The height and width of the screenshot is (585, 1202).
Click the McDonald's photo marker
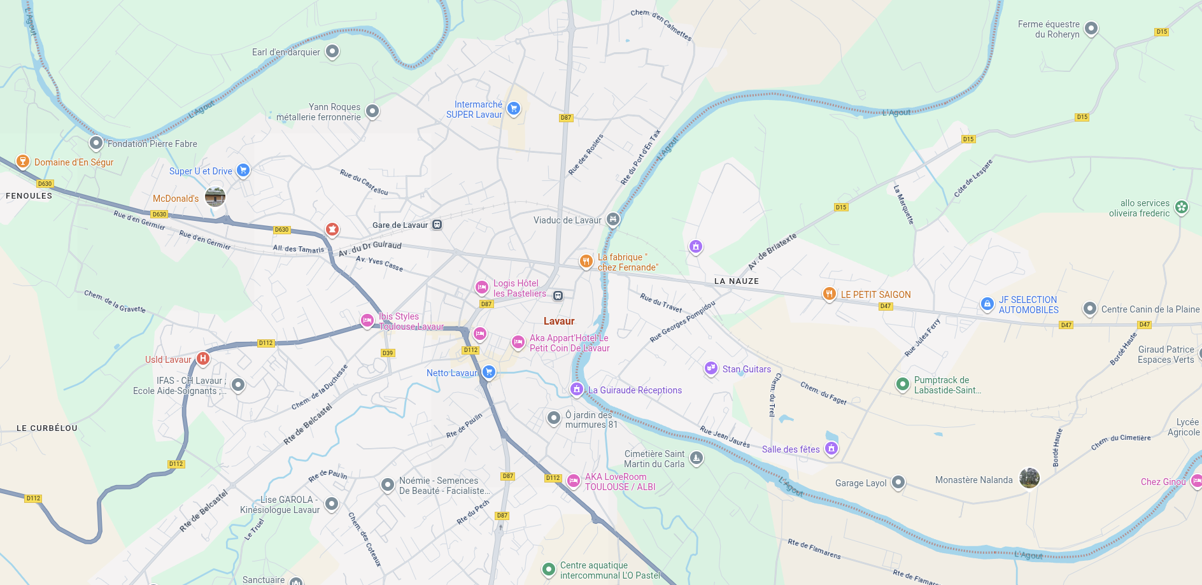[x=215, y=197]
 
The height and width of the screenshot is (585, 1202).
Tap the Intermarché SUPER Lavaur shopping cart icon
[x=514, y=109]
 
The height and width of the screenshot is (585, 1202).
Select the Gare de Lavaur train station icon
[x=437, y=225]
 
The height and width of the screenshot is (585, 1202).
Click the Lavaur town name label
[x=559, y=321]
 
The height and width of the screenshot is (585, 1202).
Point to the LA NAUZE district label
[x=736, y=281]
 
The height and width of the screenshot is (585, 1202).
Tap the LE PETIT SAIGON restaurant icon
[x=829, y=293]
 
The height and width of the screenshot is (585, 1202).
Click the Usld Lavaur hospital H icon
[x=202, y=358]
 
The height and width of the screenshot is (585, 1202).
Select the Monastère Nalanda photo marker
[x=1029, y=478]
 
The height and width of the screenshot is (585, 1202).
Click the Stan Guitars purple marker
[x=711, y=368]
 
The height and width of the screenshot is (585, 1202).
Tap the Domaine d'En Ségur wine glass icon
[x=23, y=161]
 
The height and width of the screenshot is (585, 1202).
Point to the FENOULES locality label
[x=29, y=195]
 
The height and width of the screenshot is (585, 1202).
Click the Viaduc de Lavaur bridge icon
[x=612, y=220]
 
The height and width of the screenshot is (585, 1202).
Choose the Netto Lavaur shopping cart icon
[x=488, y=372]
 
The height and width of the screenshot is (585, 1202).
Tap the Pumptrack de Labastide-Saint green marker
[x=902, y=384]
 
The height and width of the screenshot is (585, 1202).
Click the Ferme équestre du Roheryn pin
[x=1091, y=28]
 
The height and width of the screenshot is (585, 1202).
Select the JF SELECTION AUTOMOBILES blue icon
[x=987, y=304]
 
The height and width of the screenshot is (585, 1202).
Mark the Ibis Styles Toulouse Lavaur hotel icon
[x=367, y=320]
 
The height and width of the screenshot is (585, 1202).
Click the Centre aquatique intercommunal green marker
[x=548, y=569]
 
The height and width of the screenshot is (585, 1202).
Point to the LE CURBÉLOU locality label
[x=47, y=428]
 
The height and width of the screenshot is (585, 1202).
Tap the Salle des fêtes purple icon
[x=831, y=448]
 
